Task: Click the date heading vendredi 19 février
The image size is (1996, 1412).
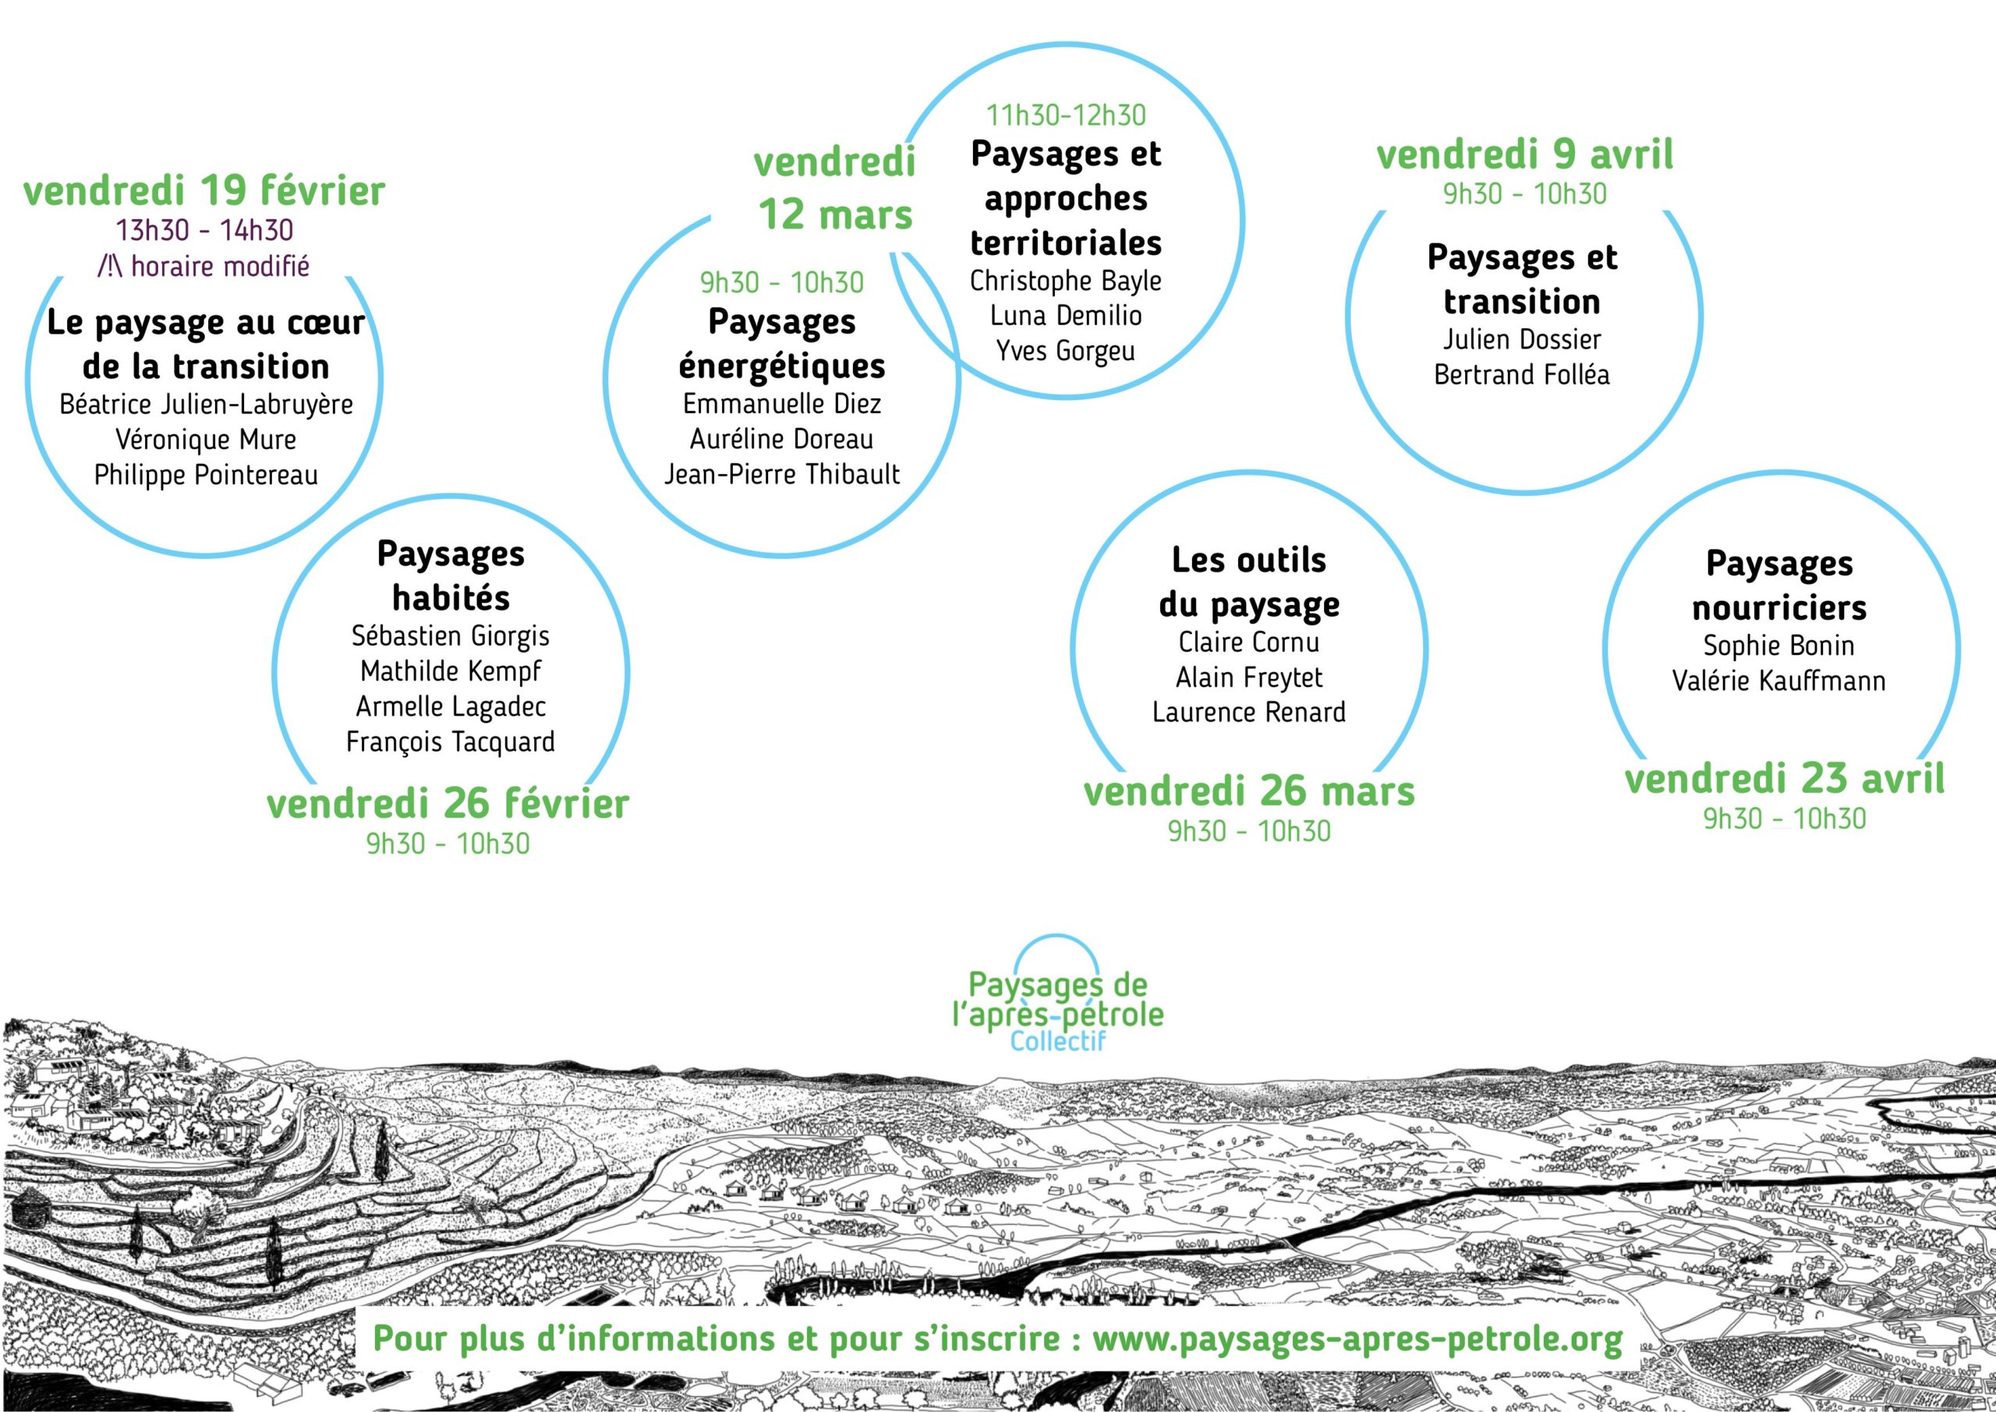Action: coord(204,191)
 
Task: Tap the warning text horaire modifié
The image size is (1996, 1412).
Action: coord(221,266)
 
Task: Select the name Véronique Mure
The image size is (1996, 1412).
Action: coord(206,439)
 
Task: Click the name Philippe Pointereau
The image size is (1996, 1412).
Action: coord(206,475)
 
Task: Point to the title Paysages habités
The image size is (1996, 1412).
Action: coord(451,575)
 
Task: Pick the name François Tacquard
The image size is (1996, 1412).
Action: coord(451,741)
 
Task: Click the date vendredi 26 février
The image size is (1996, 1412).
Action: coord(448,805)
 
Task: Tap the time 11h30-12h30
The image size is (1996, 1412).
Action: coord(1066,115)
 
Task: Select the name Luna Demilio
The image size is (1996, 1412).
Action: coord(1066,315)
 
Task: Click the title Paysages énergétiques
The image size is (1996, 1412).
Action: coord(781,343)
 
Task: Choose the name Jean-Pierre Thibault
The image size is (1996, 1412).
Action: coord(781,474)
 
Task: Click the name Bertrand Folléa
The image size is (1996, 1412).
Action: coord(1521,374)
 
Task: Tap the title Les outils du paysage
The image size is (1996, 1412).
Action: coord(1249,582)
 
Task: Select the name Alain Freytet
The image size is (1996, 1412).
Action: coord(1249,677)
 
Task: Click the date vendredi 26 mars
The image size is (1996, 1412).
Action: coord(1249,791)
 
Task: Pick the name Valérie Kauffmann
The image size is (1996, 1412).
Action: coord(1778,680)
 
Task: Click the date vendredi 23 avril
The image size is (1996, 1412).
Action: coord(1785,779)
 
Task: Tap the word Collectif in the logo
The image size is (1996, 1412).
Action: coord(1058,1040)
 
